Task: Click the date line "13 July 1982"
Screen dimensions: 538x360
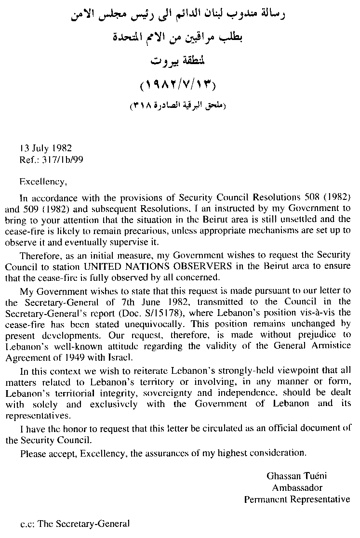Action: tap(46, 148)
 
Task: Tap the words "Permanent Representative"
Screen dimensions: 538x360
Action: tap(297, 499)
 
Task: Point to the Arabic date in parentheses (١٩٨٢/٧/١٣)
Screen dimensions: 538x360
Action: tap(178, 87)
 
